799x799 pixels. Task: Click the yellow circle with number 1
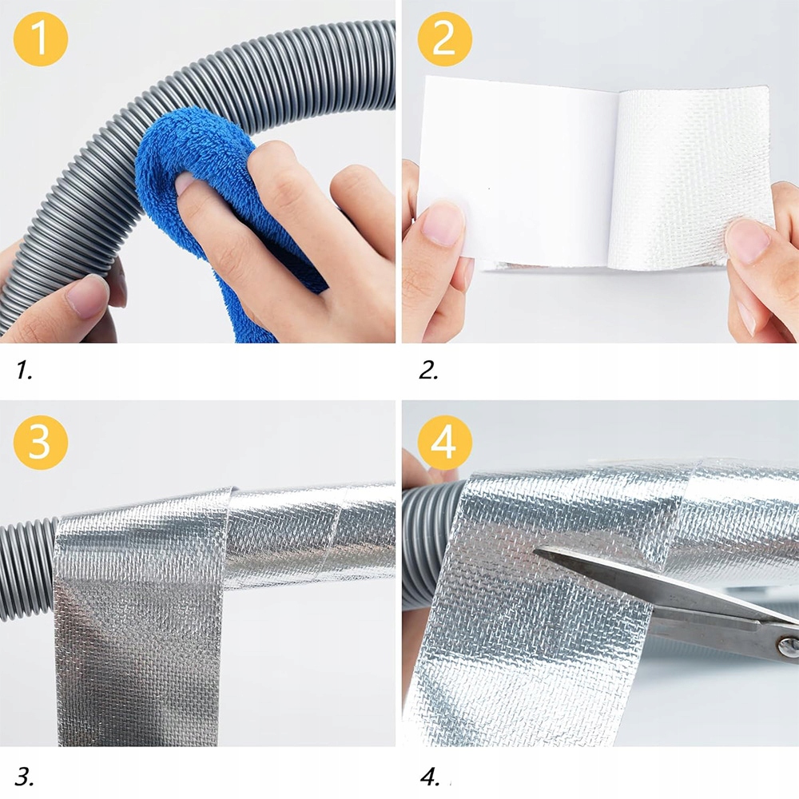pyautogui.click(x=40, y=39)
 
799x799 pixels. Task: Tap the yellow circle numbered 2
pyautogui.click(x=444, y=39)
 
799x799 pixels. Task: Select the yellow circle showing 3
pyautogui.click(x=40, y=443)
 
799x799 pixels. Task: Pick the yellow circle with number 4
pyautogui.click(x=444, y=443)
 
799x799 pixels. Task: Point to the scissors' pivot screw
pyautogui.click(x=788, y=646)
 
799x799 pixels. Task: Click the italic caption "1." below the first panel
pyautogui.click(x=24, y=371)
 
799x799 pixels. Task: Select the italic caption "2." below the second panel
pyautogui.click(x=428, y=371)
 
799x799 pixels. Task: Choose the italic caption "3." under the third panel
pyautogui.click(x=24, y=777)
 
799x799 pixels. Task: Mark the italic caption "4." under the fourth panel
pyautogui.click(x=431, y=777)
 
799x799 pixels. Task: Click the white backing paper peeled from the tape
pyautogui.click(x=517, y=173)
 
